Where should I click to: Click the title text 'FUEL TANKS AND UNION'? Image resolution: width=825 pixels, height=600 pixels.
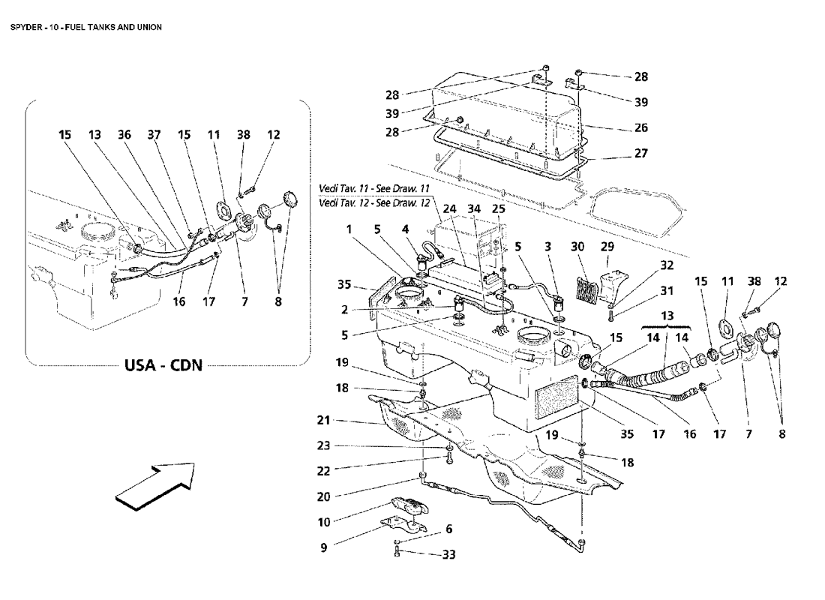coord(113,27)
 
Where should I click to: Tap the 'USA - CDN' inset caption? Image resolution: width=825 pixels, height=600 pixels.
coord(163,364)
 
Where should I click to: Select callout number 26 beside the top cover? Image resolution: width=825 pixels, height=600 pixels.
coord(640,127)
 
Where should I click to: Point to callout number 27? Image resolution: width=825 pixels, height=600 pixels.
coord(640,153)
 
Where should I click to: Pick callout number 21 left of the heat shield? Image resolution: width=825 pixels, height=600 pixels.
coord(323,420)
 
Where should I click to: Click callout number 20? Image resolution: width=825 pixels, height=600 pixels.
coord(323,496)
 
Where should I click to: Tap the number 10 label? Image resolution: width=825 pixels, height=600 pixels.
coord(323,522)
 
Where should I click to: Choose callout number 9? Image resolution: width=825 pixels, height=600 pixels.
coord(323,548)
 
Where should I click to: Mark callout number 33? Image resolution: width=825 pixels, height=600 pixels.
coord(448,554)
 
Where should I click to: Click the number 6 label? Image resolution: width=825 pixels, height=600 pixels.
coord(448,529)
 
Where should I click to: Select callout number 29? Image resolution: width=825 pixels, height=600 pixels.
coord(607,246)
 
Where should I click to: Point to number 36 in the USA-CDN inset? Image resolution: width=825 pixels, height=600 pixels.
coord(124,135)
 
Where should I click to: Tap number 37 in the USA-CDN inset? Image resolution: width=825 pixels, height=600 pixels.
coord(154,135)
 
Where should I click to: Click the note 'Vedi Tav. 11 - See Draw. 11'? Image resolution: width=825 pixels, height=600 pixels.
coord(374,189)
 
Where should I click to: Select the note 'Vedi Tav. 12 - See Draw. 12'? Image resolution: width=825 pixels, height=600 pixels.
coord(374,203)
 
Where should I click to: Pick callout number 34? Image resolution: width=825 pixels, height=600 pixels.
coord(474,209)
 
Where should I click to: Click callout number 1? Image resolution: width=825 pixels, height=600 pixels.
coord(349,229)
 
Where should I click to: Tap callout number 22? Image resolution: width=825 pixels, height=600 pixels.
coord(323,471)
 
